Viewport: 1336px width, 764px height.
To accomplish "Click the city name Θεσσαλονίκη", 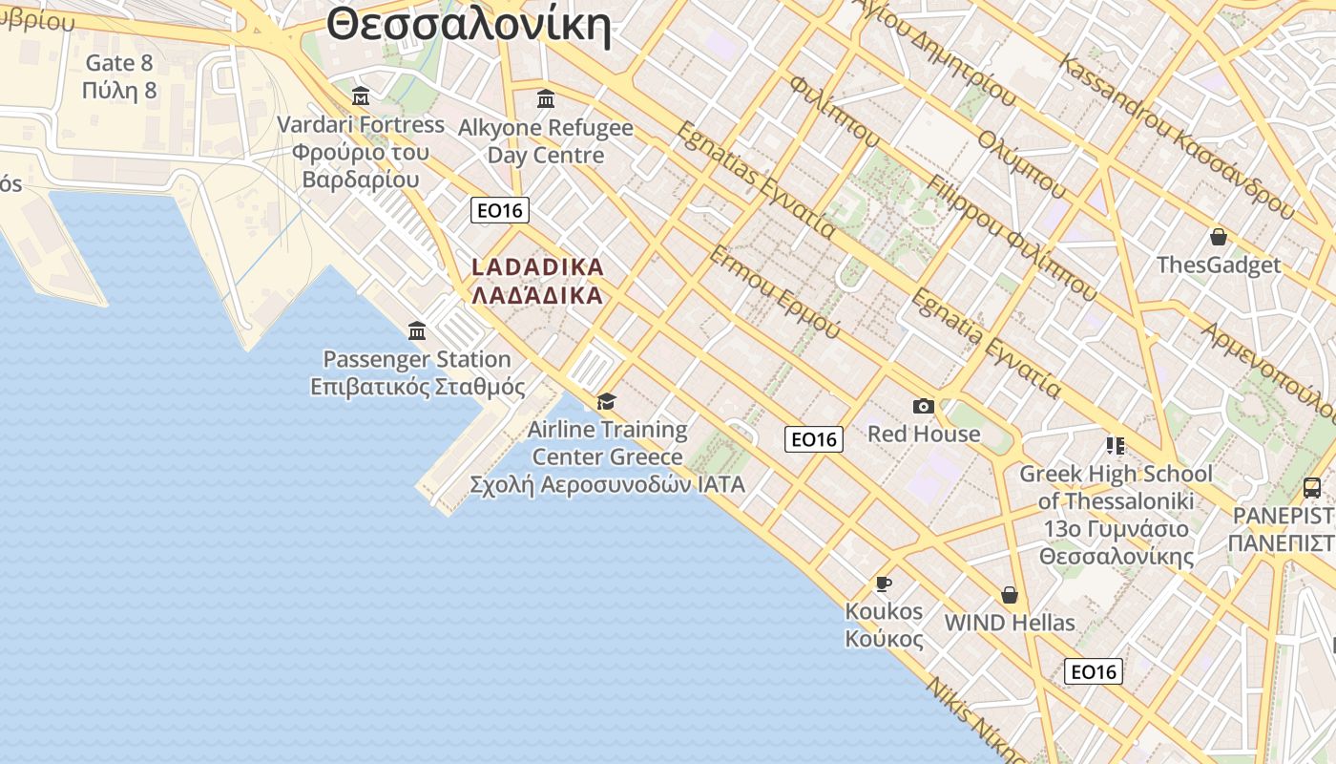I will click(x=468, y=25).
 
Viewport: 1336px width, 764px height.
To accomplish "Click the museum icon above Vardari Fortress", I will click(x=361, y=96).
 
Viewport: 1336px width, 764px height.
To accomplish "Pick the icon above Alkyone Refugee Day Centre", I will click(x=546, y=98).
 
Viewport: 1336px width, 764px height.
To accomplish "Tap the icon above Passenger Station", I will click(x=417, y=331).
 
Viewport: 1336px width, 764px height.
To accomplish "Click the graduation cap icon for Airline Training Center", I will click(x=606, y=401).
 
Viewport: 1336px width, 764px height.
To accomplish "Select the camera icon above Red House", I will click(x=923, y=407).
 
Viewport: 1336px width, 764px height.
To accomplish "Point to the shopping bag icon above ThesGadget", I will click(x=1218, y=237).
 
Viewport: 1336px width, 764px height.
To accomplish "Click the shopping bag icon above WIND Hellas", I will click(x=1010, y=595).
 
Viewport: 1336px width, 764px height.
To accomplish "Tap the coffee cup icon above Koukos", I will click(x=884, y=584).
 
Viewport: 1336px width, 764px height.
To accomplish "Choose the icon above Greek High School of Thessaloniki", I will click(x=1115, y=446).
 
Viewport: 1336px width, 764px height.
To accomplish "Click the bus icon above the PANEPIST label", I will click(x=1312, y=488).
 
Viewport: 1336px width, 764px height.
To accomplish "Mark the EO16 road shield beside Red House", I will click(x=814, y=439).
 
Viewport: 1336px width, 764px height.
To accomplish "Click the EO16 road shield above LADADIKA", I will click(x=500, y=210).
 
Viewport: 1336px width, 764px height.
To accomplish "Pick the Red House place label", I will click(x=923, y=434).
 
